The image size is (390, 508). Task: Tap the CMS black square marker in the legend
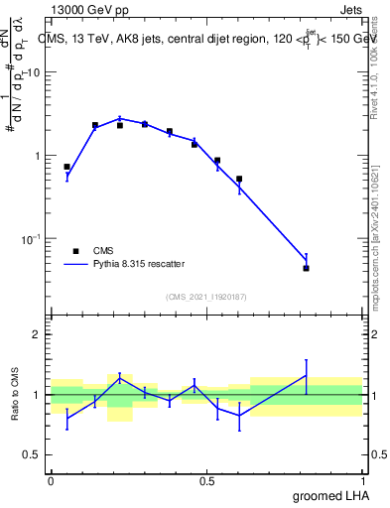[x=74, y=251]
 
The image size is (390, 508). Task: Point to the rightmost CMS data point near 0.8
[x=307, y=268]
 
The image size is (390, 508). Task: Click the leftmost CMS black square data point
[x=67, y=167]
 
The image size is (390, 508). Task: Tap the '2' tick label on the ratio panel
[x=38, y=334]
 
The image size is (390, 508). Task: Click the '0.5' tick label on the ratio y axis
[x=32, y=454]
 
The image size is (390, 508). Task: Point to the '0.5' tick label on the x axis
[x=206, y=479]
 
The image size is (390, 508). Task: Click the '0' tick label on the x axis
[x=51, y=479]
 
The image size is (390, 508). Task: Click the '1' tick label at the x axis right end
[x=363, y=479]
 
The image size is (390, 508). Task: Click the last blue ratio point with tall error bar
[x=307, y=375]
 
